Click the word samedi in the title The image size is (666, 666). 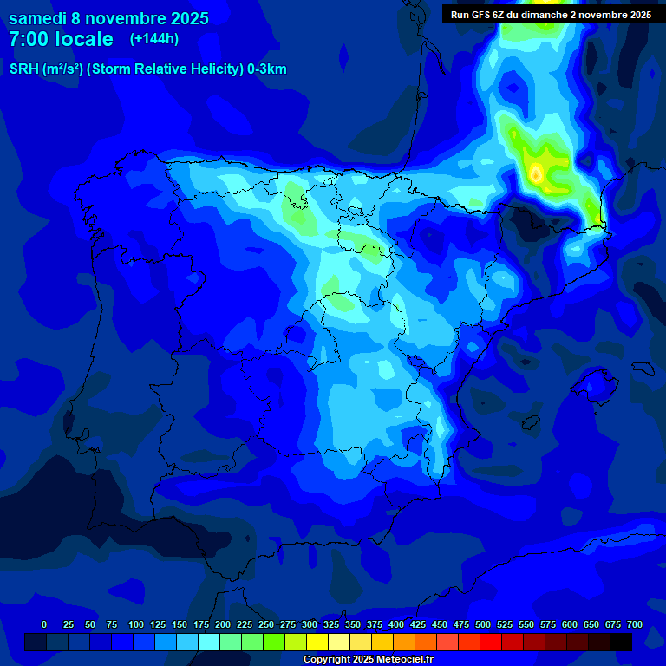click(38, 18)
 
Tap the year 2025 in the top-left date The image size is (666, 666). click(185, 18)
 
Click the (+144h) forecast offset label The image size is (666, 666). click(154, 39)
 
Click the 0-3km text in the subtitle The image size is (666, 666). click(267, 69)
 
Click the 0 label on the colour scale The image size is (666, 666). click(44, 624)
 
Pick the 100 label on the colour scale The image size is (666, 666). click(136, 624)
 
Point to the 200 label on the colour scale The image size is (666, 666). click(223, 624)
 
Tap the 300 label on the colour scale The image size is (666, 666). click(310, 624)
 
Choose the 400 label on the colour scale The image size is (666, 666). click(396, 624)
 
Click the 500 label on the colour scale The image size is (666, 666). click(483, 624)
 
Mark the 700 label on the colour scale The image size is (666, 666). click(635, 624)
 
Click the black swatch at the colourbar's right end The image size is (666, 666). click(621, 643)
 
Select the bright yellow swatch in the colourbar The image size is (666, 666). click(317, 643)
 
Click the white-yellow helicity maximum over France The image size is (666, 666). click(536, 173)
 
